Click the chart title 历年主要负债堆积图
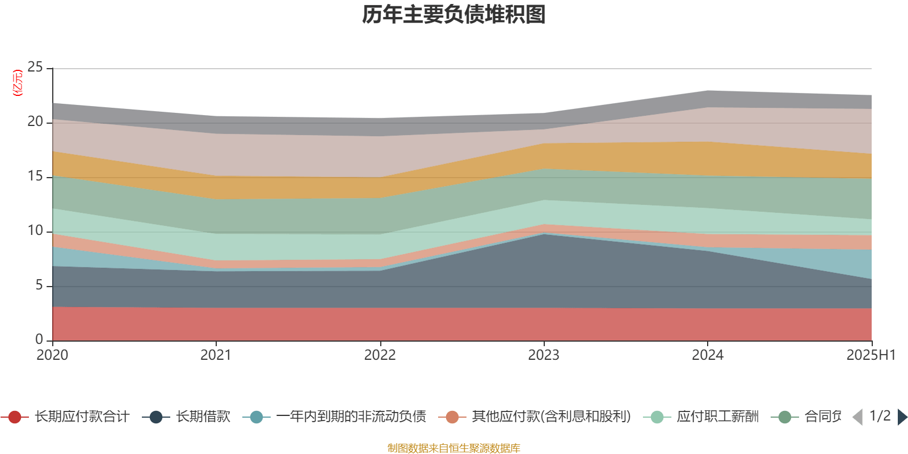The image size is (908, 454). [x=454, y=15]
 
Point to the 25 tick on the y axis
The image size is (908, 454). [x=35, y=68]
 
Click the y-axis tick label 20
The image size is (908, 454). [x=35, y=122]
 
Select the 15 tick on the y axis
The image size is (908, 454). [x=35, y=176]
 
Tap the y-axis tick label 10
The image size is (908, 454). [x=35, y=231]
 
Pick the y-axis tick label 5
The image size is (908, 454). [x=39, y=285]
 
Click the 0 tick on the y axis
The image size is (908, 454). [x=39, y=339]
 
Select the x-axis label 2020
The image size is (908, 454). [x=52, y=355]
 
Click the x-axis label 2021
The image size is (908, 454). [x=216, y=355]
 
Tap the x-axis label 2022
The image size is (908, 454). [x=380, y=355]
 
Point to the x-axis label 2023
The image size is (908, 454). [x=544, y=355]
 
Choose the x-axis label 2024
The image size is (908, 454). [x=708, y=355]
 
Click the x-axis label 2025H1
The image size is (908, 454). [x=870, y=355]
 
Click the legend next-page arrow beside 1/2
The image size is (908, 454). [x=902, y=417]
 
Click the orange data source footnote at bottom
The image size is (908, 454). [x=454, y=448]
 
